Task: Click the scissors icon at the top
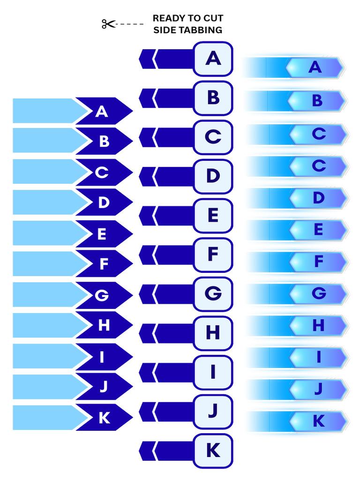[108, 24]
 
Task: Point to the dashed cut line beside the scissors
[129, 24]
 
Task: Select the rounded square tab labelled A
[213, 59]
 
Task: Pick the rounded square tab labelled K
[213, 451]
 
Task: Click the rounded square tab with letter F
[213, 255]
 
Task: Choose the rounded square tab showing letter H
[213, 333]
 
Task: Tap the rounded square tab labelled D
[213, 177]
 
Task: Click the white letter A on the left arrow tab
[102, 112]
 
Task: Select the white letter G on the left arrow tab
[102, 295]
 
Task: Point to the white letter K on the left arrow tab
[105, 418]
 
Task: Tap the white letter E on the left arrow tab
[102, 234]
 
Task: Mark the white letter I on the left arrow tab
[102, 357]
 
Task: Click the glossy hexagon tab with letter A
[314, 67]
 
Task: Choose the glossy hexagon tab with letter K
[318, 421]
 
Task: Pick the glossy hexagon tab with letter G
[318, 293]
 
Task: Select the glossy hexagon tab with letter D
[318, 198]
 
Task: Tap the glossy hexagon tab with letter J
[318, 389]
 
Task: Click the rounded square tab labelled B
[213, 98]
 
